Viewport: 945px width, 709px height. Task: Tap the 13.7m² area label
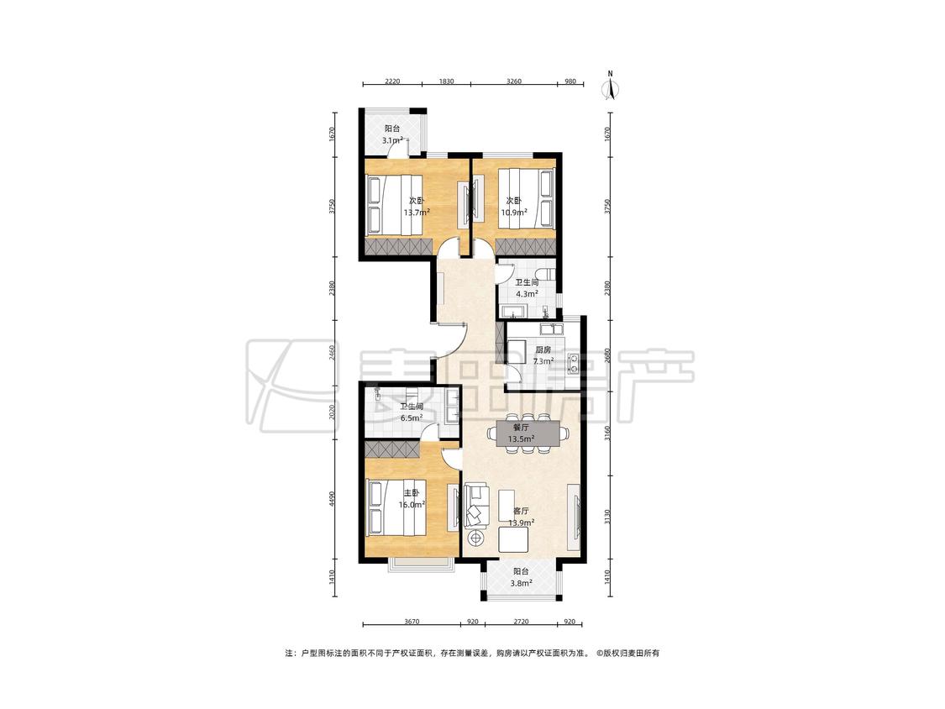point(417,213)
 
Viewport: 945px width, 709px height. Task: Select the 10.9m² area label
point(514,213)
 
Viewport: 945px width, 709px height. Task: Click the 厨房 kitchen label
point(543,349)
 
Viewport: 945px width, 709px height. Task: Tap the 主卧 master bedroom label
point(412,493)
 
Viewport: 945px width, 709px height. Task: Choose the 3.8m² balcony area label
point(522,583)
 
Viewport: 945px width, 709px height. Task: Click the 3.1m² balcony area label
point(391,140)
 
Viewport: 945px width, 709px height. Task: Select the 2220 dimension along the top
point(391,81)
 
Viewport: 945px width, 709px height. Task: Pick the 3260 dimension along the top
point(513,81)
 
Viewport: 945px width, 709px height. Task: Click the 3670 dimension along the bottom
point(412,622)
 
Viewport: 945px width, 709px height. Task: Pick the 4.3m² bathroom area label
point(527,294)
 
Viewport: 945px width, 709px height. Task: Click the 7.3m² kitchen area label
point(543,362)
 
